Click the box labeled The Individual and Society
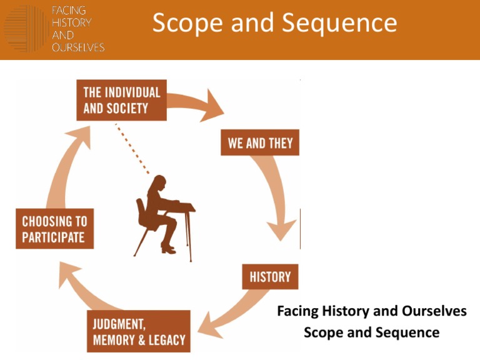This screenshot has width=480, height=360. [121, 100]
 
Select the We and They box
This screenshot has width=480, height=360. [260, 142]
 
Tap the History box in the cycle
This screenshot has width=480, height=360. [270, 277]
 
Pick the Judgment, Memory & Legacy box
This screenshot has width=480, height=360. [139, 331]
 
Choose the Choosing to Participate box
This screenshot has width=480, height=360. [55, 228]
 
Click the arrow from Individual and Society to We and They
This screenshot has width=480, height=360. [196, 102]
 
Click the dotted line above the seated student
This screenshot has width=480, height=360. [132, 149]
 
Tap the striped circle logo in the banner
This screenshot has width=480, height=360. [26, 29]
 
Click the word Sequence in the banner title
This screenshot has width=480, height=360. [339, 22]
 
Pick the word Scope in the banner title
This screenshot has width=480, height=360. [187, 23]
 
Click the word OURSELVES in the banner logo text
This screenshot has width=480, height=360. [78, 47]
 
